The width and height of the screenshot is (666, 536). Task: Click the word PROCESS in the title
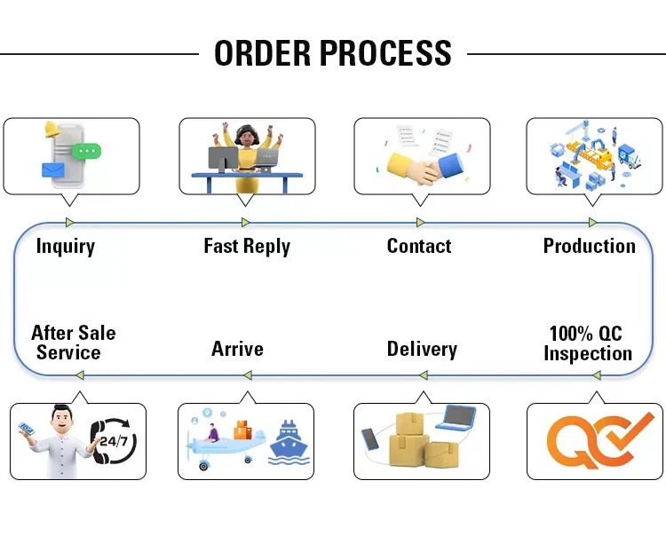[387, 53]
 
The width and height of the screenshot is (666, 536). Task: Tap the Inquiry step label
[65, 246]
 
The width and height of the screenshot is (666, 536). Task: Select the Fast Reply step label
[247, 246]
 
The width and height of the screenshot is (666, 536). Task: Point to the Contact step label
[419, 246]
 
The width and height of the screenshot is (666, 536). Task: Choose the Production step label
[589, 246]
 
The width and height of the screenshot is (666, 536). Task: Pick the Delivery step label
[422, 349]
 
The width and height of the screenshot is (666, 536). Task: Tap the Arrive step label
[237, 349]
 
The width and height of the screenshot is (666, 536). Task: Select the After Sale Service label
[73, 343]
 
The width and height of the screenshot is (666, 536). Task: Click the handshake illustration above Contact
[426, 165]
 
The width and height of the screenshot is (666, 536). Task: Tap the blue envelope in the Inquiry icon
[52, 169]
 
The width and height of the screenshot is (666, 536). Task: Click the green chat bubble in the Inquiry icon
[87, 151]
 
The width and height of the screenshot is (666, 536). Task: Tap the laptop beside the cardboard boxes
[458, 419]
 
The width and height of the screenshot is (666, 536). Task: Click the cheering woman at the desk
[245, 151]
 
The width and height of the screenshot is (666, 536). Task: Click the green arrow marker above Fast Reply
[246, 223]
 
